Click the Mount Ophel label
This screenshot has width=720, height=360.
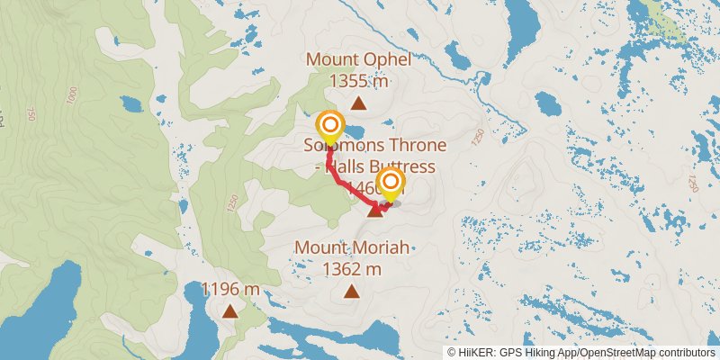(x=358, y=60)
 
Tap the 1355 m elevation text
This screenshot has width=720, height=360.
(x=358, y=81)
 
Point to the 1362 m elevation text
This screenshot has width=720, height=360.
(x=351, y=268)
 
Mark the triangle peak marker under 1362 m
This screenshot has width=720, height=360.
(x=351, y=291)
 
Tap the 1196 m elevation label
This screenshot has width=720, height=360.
(x=230, y=290)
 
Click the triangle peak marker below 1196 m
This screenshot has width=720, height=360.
(x=230, y=311)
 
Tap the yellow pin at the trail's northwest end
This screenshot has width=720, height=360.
(x=330, y=126)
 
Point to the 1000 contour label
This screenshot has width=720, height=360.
(x=71, y=94)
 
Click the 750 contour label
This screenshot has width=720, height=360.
(x=31, y=115)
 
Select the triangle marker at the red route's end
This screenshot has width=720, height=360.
(x=374, y=211)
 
